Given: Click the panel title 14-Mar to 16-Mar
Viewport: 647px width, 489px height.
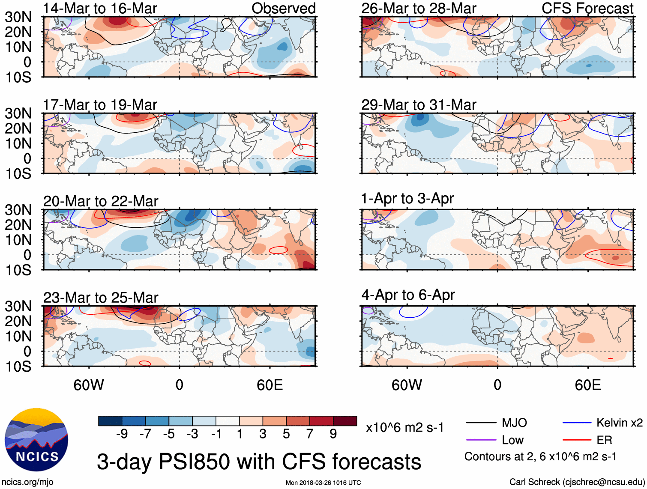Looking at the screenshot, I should click(x=100, y=8).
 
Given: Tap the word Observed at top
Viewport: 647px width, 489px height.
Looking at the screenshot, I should click(x=283, y=8).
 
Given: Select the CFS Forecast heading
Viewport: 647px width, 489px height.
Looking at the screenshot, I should click(x=587, y=8).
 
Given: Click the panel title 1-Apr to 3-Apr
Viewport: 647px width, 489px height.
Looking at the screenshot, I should click(x=407, y=199).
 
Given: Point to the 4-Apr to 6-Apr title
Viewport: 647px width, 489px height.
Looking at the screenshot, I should click(x=408, y=295).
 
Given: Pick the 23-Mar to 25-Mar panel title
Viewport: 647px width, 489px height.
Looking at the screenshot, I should click(x=101, y=298).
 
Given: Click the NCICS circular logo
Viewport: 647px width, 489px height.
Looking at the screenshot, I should click(x=36, y=440).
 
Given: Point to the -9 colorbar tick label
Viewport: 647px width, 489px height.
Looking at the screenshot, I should click(x=122, y=434).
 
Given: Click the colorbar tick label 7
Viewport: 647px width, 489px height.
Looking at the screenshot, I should click(x=310, y=434).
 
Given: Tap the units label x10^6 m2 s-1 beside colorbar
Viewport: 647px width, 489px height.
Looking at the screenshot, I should click(x=404, y=427).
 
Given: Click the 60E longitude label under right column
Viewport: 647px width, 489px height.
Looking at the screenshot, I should click(x=587, y=385).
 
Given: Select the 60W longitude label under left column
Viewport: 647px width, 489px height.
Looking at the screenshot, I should click(x=89, y=385).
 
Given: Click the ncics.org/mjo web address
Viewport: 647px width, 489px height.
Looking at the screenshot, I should click(x=27, y=482).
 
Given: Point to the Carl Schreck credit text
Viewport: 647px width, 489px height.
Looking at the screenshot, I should click(x=577, y=482).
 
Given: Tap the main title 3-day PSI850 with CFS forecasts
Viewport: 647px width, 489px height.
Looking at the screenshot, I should click(x=259, y=462).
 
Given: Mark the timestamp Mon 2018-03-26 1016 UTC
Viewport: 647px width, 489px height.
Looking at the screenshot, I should click(x=323, y=483).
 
